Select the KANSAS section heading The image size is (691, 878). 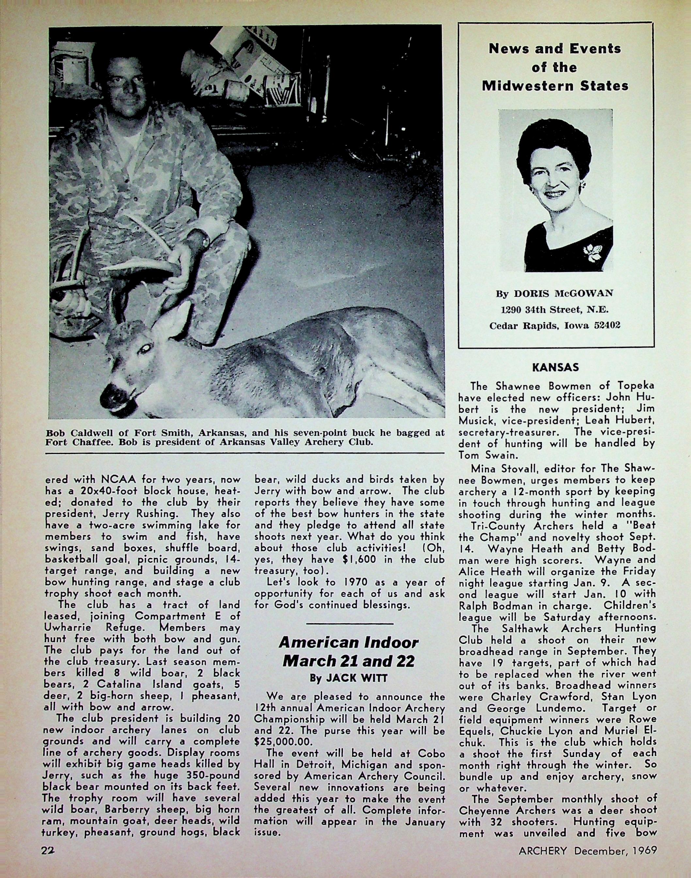pyautogui.click(x=556, y=367)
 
